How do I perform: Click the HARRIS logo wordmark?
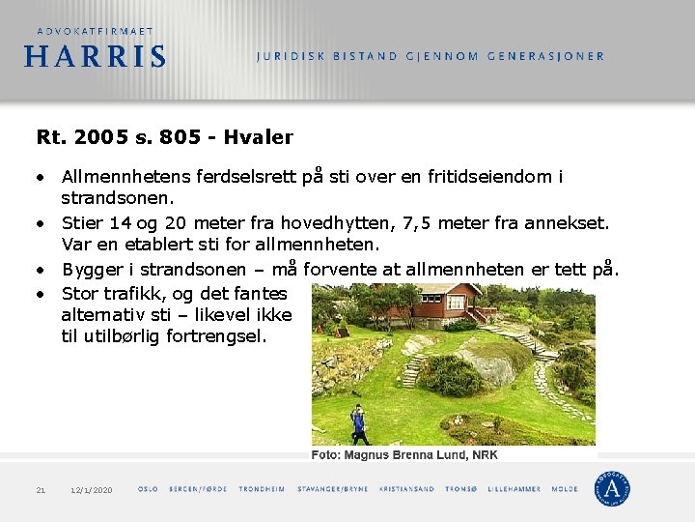click(95, 56)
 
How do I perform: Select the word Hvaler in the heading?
click(258, 137)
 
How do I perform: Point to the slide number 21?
click(41, 490)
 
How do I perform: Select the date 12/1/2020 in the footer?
click(92, 490)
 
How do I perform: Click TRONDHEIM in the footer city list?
click(262, 489)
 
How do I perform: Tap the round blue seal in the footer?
click(612, 488)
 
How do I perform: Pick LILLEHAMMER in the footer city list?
click(514, 489)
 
